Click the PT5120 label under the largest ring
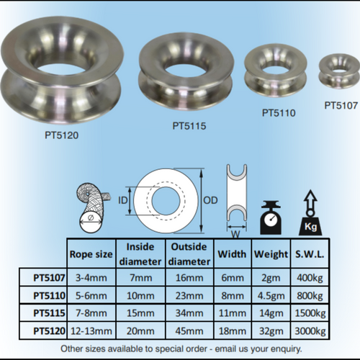point(62,135)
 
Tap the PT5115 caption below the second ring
point(189,126)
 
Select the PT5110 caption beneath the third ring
point(279,113)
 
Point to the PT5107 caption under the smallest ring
point(341,105)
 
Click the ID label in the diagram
point(122,200)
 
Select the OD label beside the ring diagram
point(210,200)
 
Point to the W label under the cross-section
point(236,235)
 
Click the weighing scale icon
point(271,217)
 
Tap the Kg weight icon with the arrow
point(310,212)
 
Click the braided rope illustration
point(92,208)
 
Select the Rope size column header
point(91,254)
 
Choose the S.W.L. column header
point(310,254)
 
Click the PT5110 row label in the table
point(49,295)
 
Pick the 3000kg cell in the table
point(310,331)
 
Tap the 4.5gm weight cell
point(271,296)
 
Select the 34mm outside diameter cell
point(189,313)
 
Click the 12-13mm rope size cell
point(91,331)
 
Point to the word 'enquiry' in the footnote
point(287,348)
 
